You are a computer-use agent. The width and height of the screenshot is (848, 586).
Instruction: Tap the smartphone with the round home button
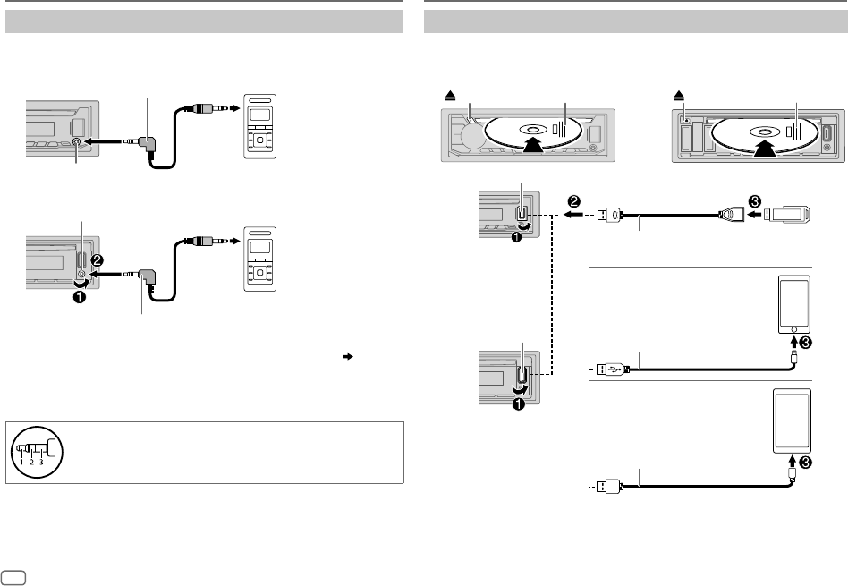(x=794, y=303)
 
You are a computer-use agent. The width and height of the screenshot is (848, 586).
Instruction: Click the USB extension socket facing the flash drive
(x=729, y=215)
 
